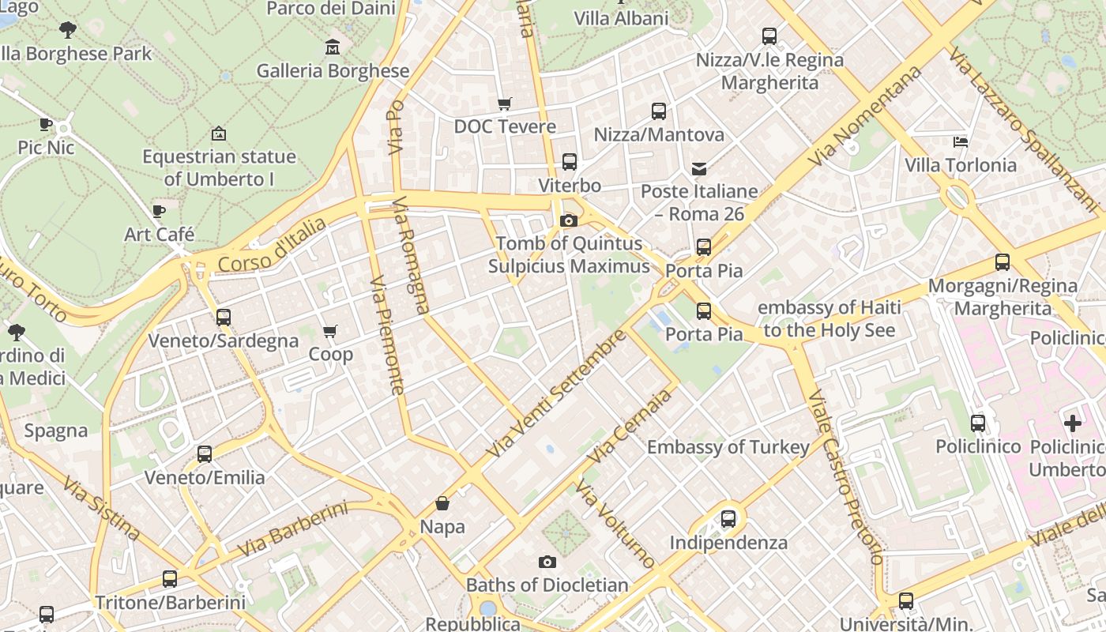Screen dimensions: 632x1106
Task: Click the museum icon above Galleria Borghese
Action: click(333, 47)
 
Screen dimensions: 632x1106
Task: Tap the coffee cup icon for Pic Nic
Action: click(46, 124)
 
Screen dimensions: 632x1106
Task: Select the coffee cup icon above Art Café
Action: click(159, 211)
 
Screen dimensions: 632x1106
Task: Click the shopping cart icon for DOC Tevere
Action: click(504, 103)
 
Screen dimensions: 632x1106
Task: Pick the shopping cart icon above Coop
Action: click(330, 331)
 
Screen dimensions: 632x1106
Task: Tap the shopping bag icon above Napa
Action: click(442, 503)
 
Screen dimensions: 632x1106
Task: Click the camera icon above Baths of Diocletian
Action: click(547, 562)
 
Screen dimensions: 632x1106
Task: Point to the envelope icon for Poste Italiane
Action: click(699, 168)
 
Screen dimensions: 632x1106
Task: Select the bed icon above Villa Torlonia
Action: click(961, 142)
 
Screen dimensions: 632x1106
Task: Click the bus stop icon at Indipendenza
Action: click(728, 519)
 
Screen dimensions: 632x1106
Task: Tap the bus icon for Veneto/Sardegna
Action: click(224, 318)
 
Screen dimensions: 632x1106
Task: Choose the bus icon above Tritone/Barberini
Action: click(170, 579)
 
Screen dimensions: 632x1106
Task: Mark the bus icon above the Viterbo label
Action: click(570, 162)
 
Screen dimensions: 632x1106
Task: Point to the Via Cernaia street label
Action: click(630, 427)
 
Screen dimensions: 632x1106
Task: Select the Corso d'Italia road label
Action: click(272, 246)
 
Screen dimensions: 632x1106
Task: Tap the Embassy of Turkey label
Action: click(728, 447)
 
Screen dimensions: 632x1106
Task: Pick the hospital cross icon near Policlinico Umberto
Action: click(1073, 423)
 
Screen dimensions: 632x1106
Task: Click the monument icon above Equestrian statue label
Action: click(219, 134)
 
